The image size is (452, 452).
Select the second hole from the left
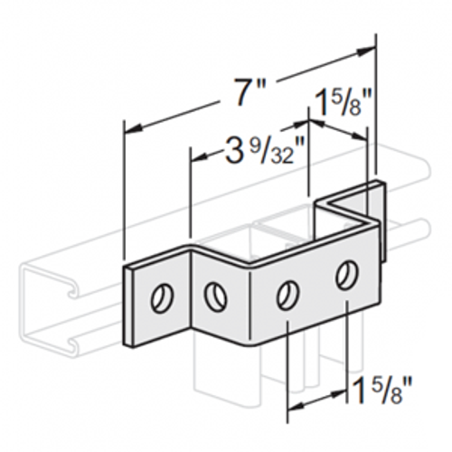tap(215, 295)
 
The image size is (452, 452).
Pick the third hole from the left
tap(287, 294)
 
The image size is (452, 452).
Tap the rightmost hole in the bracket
tap(345, 273)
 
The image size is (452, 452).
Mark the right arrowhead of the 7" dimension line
tap(371, 50)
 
